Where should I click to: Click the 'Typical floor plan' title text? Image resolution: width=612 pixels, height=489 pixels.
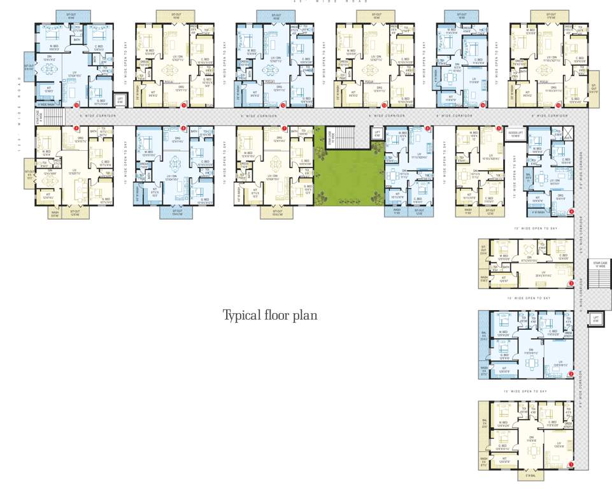click(x=269, y=315)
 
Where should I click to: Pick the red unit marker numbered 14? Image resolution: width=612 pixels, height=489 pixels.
click(x=483, y=104)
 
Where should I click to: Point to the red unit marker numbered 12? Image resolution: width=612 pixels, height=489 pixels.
click(x=284, y=104)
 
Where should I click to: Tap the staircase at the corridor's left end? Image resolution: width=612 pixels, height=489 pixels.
click(x=55, y=116)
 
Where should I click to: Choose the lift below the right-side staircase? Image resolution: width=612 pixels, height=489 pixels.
click(x=595, y=318)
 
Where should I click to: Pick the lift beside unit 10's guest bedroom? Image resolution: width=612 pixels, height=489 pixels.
click(x=120, y=99)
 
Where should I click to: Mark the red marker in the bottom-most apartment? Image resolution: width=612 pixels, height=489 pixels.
click(x=571, y=465)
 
